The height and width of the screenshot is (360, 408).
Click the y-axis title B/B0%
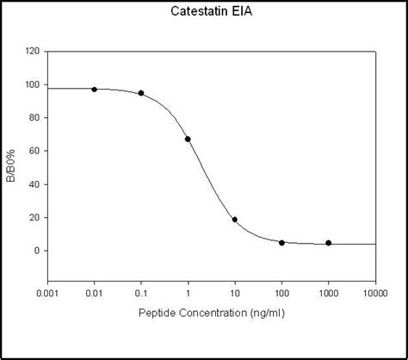(x=12, y=165)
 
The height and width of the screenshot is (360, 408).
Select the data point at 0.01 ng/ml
(x=95, y=90)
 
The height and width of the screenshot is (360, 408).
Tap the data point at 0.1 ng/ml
(x=141, y=93)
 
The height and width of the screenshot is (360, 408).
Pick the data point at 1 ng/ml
(x=188, y=139)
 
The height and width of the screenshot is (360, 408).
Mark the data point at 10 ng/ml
(x=235, y=220)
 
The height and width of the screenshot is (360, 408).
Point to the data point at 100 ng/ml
(x=281, y=243)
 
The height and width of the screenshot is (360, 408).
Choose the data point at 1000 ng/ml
(x=328, y=243)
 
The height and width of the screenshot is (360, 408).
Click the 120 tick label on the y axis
(x=32, y=52)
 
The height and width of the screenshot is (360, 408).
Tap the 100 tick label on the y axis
(x=32, y=85)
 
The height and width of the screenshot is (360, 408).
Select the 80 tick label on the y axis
(x=34, y=118)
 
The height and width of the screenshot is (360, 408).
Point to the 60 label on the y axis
(x=34, y=152)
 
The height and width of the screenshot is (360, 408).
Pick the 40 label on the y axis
(x=34, y=184)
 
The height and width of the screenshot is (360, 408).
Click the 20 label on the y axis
(x=34, y=218)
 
